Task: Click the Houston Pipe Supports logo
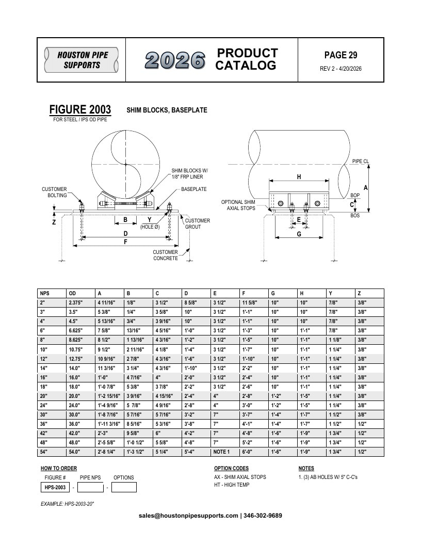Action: coord(82,60)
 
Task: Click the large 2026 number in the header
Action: coord(175,60)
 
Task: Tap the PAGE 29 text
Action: coord(341,55)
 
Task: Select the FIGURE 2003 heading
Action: coord(80,109)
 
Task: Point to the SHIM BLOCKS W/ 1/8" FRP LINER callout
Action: coord(189,174)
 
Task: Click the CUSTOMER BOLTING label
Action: coord(54,192)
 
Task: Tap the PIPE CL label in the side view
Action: coord(361,161)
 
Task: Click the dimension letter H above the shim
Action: coord(299,177)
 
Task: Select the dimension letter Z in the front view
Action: coord(54,222)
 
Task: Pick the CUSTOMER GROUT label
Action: coord(197,223)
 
